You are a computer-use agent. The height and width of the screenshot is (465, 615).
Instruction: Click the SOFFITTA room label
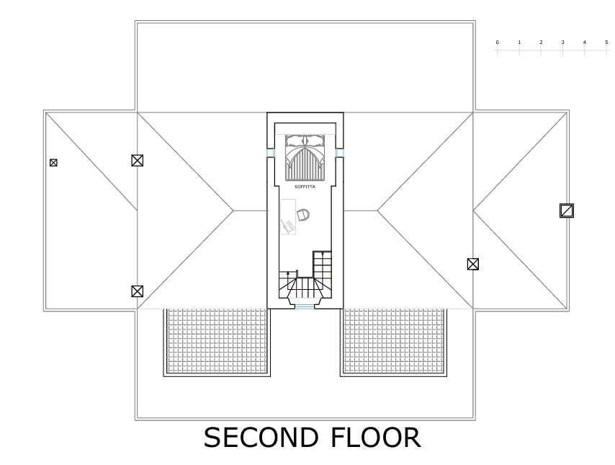click(305, 187)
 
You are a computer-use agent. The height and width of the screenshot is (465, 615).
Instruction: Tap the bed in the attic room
click(305, 157)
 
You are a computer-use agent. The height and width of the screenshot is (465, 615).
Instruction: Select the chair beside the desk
click(303, 214)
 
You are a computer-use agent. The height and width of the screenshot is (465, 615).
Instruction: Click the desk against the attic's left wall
click(288, 216)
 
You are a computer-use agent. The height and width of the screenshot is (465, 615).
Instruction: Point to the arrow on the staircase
click(288, 274)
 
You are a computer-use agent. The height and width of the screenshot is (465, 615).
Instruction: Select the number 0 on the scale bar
click(497, 43)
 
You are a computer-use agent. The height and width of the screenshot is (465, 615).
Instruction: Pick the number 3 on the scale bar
click(562, 43)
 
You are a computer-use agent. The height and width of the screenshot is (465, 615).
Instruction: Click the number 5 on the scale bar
click(606, 43)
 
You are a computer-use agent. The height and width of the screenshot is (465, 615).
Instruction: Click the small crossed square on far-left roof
click(53, 163)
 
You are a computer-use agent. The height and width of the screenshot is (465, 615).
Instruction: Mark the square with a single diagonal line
click(567, 211)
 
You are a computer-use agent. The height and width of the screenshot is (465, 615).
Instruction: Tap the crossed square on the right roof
click(473, 264)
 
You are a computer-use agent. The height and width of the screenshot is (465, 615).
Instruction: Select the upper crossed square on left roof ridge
click(138, 161)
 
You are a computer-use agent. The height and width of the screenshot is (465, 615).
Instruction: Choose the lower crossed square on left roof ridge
click(138, 291)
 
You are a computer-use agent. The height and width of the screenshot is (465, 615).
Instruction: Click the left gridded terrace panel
click(217, 341)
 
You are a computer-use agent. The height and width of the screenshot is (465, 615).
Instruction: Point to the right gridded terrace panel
click(393, 341)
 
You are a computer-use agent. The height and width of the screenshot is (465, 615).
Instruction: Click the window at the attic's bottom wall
click(305, 308)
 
